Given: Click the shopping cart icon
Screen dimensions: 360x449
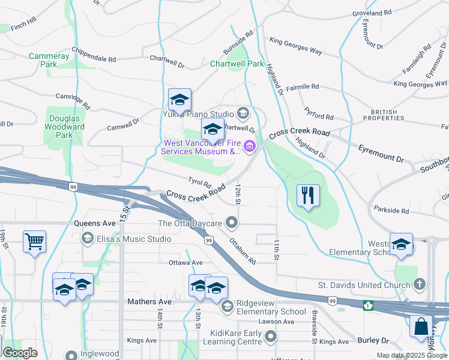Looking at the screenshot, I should (x=34, y=242).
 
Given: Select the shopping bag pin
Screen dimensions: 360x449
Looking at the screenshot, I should (x=421, y=327).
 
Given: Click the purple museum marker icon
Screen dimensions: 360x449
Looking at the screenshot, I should (x=249, y=148).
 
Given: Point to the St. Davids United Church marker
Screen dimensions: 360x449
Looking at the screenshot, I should (x=420, y=283).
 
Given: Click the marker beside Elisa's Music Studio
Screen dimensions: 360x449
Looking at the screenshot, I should (x=87, y=239).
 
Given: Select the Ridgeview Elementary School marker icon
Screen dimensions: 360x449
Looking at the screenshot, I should (x=228, y=307).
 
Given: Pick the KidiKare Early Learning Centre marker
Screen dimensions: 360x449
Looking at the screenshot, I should (x=271, y=337).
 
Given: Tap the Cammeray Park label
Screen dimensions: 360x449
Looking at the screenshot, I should (x=43, y=60).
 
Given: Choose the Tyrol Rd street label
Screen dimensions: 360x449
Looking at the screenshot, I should (x=199, y=182).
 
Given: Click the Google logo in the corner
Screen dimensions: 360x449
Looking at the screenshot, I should (x=20, y=353).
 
